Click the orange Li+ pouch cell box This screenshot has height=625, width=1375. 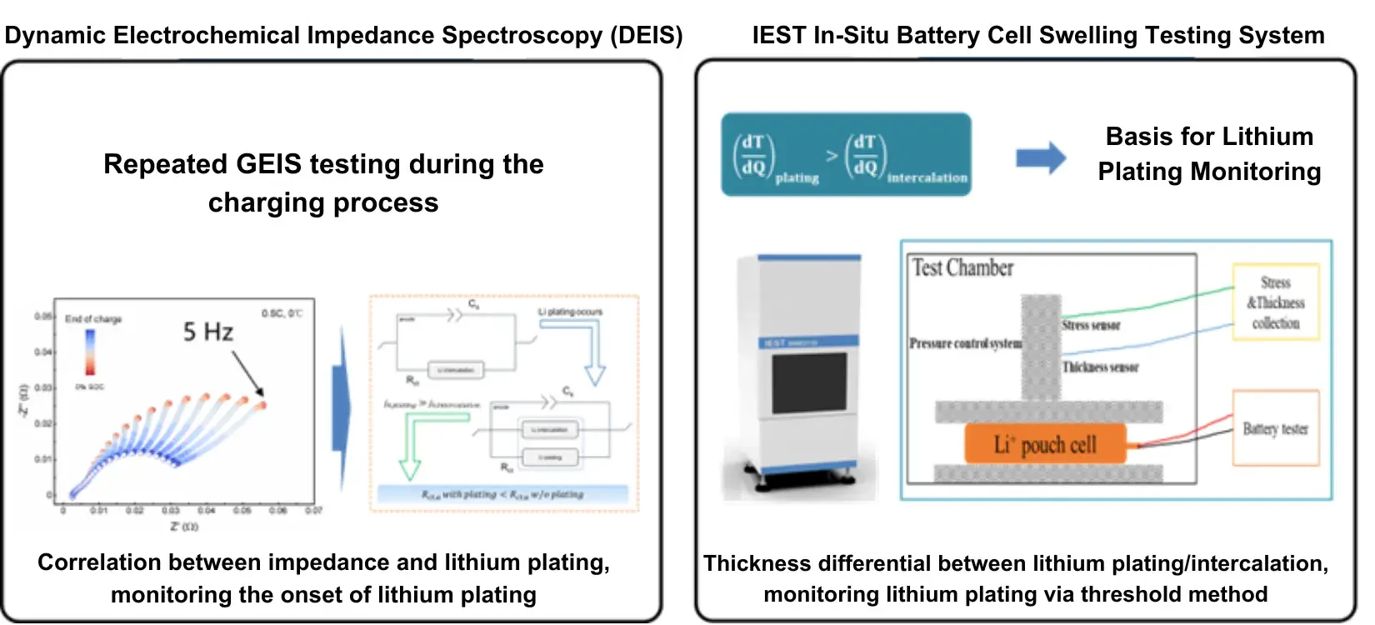[x=1045, y=444]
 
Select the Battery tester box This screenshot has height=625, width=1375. [x=1275, y=428]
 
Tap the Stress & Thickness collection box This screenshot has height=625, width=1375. [x=1275, y=302]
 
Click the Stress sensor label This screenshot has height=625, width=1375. [x=1091, y=325]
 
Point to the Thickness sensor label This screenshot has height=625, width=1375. [x=1100, y=367]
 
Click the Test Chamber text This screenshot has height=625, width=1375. [x=962, y=268]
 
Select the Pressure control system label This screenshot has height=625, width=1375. [x=965, y=343]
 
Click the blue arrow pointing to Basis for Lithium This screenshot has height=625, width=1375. [x=1041, y=157]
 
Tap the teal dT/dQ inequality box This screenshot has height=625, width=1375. [x=846, y=155]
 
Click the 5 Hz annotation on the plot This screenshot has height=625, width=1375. [x=208, y=332]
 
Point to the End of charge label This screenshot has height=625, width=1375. [x=93, y=319]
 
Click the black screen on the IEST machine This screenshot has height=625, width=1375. [x=808, y=383]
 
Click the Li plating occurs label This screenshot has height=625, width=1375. [x=570, y=312]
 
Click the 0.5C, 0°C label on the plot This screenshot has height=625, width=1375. [x=282, y=313]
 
